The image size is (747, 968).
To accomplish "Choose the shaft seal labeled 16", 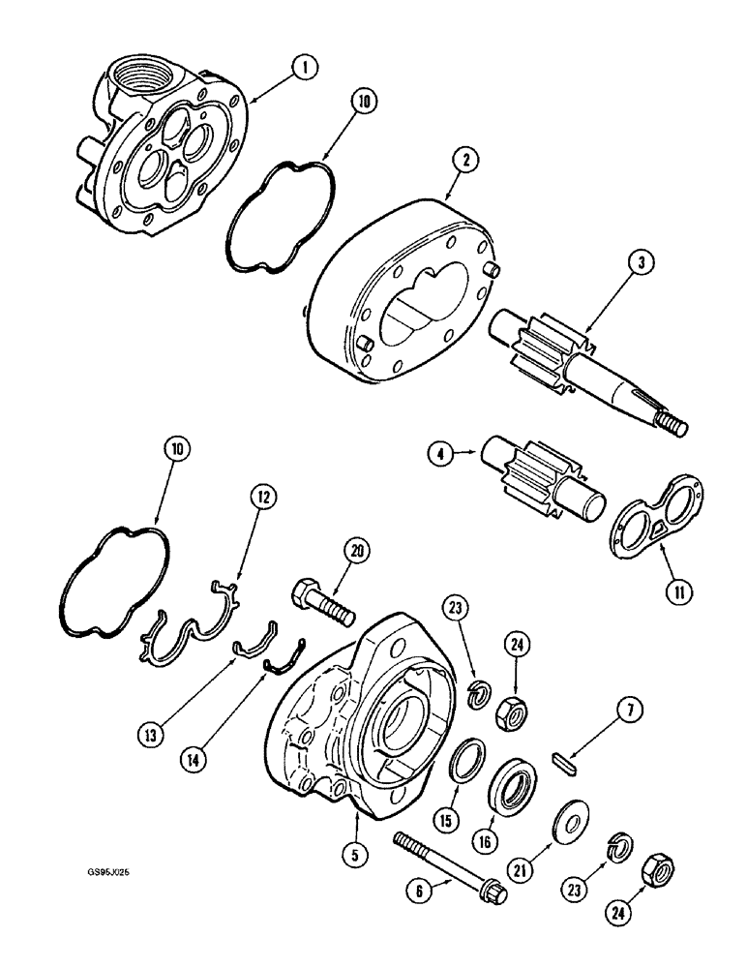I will (x=515, y=783).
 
